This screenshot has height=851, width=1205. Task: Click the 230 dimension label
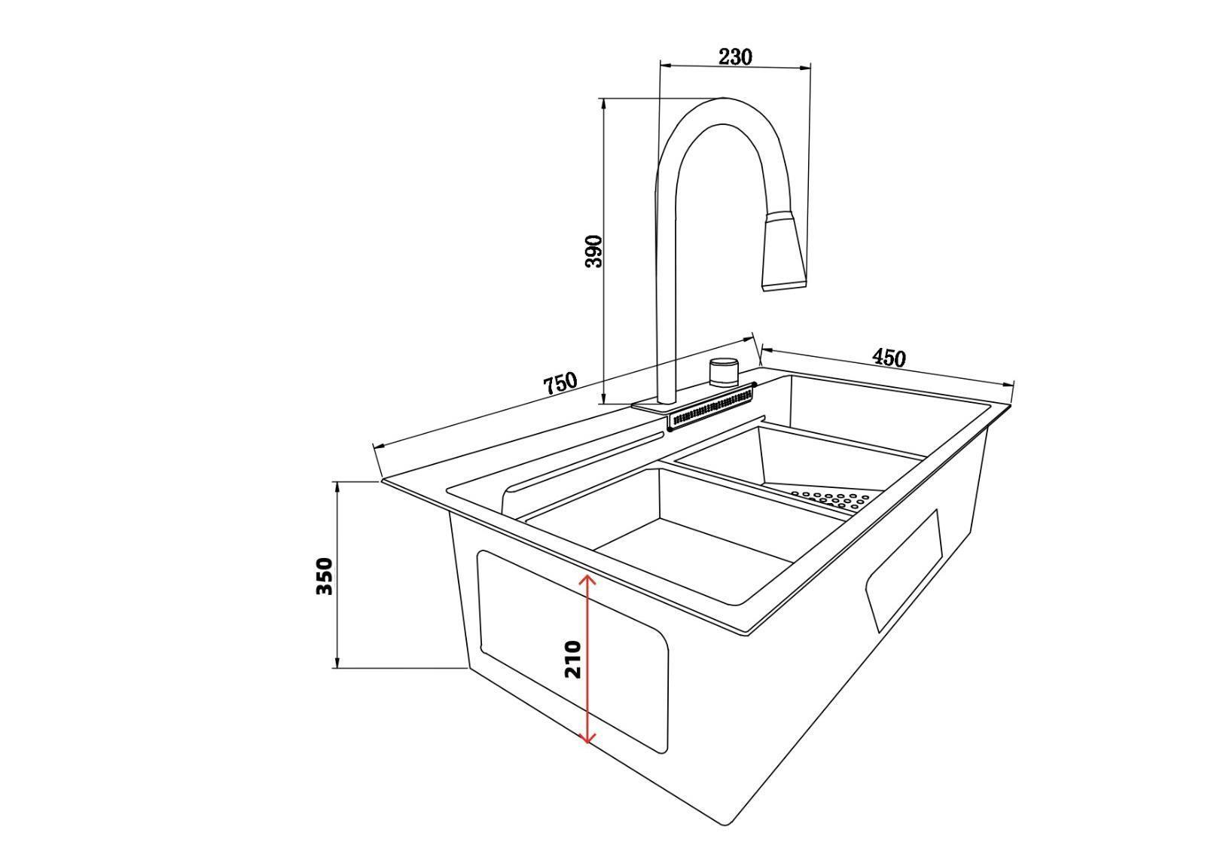735,56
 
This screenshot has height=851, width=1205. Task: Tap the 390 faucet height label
594,251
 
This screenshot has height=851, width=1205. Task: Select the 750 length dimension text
560,383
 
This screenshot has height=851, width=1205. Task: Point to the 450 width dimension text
889,358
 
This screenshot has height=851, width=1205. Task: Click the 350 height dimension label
325,575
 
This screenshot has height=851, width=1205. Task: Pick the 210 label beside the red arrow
572,659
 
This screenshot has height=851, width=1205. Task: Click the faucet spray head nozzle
785,252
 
